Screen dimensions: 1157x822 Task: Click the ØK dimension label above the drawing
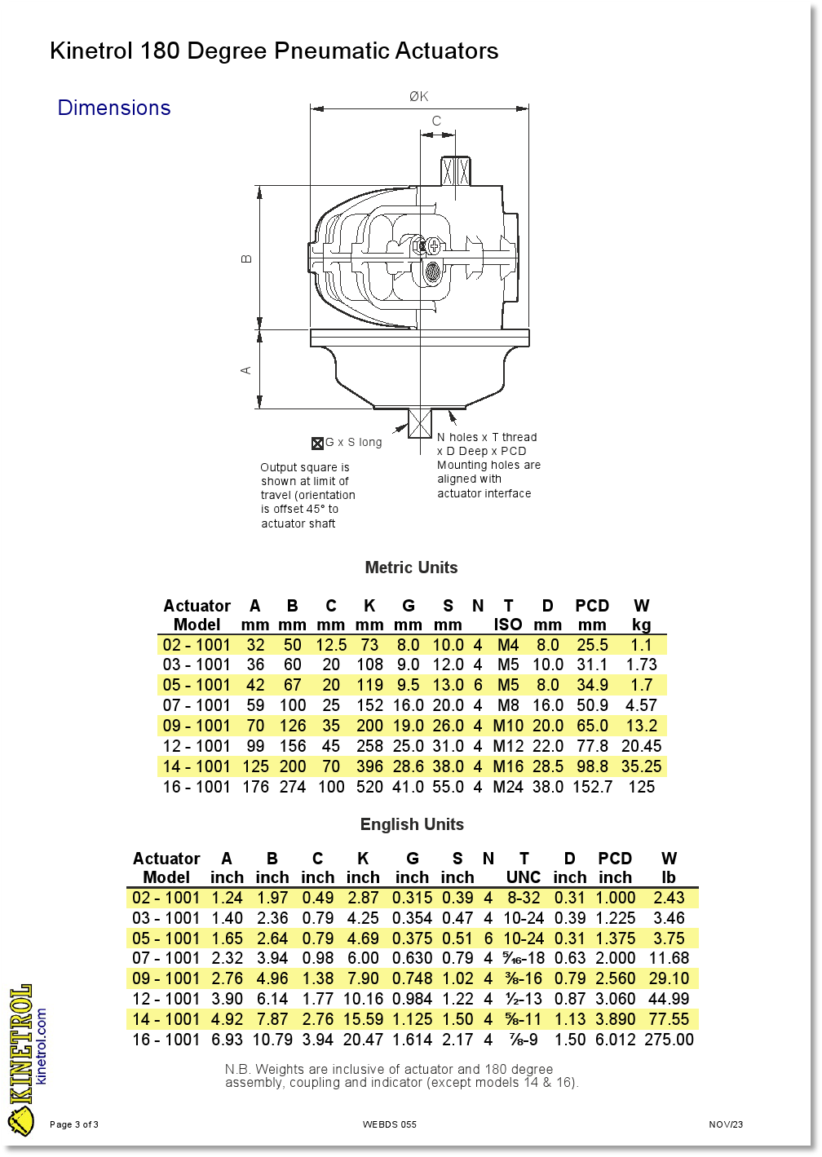(x=418, y=96)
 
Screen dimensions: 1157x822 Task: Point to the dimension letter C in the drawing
(x=436, y=121)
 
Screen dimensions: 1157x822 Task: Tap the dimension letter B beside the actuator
(x=246, y=258)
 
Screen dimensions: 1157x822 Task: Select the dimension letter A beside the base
(x=246, y=370)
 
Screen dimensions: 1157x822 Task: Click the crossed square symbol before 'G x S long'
(x=317, y=444)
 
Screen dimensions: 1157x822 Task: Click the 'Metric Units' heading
(x=411, y=567)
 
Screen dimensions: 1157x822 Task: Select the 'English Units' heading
(x=412, y=824)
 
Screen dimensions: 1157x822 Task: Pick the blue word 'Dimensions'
(x=114, y=108)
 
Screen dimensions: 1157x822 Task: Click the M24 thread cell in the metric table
(x=508, y=787)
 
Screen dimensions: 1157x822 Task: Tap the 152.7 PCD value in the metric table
(x=592, y=787)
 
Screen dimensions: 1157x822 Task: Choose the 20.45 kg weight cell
(x=641, y=746)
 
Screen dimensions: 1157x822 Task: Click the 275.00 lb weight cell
(x=669, y=1040)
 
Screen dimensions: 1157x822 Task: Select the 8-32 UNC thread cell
(x=524, y=898)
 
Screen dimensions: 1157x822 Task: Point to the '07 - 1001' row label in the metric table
(x=197, y=705)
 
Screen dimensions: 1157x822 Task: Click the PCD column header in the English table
(x=615, y=859)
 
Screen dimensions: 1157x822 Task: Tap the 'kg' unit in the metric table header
(x=641, y=625)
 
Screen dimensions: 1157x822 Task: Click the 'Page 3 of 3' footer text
(x=74, y=1124)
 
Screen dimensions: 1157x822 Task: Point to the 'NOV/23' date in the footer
(x=726, y=1124)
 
